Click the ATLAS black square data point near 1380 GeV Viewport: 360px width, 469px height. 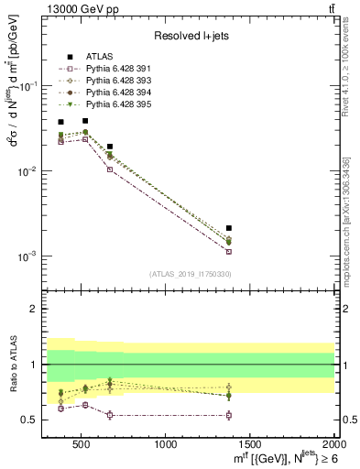[x=229, y=227]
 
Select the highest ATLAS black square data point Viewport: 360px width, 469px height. [x=85, y=120]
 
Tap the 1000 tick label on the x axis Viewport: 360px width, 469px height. [x=167, y=445]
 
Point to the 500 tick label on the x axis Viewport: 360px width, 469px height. [x=81, y=445]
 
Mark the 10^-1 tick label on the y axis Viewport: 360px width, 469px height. [x=29, y=85]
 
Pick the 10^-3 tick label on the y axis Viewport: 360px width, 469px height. [x=29, y=256]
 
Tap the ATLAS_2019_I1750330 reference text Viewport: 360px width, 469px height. [x=190, y=274]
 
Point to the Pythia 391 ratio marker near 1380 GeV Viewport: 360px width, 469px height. [x=229, y=415]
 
